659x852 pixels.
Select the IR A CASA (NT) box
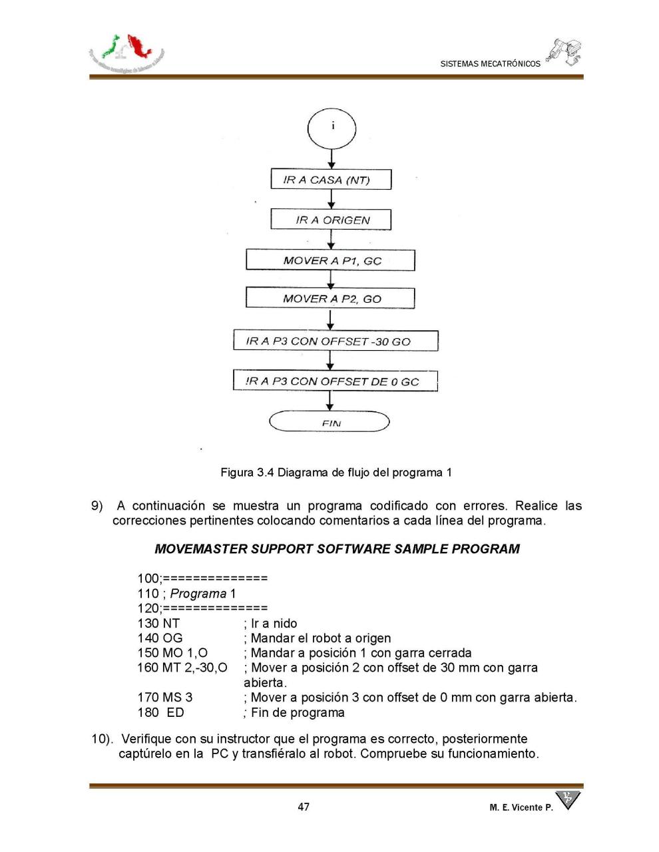coord(331,180)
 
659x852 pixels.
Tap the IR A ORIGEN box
coord(331,220)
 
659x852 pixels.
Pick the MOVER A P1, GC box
coord(331,260)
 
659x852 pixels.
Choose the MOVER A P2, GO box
coord(331,299)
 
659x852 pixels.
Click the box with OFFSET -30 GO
coord(335,341)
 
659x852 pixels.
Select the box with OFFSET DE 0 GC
coord(335,381)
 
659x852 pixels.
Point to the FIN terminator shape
coord(329,422)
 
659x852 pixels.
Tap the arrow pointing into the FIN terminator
coord(330,401)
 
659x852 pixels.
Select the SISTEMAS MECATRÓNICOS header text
coord(490,64)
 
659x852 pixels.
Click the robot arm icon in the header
coord(564,52)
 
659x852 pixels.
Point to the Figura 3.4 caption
coord(336,473)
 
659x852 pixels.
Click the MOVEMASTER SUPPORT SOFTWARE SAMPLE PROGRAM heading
coord(337,549)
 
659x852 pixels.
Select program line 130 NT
coord(158,624)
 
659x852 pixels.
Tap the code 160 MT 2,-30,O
coord(182,668)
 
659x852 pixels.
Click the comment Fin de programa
coord(297,713)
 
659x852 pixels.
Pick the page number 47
coord(304,807)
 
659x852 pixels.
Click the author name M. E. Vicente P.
coord(521,807)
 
